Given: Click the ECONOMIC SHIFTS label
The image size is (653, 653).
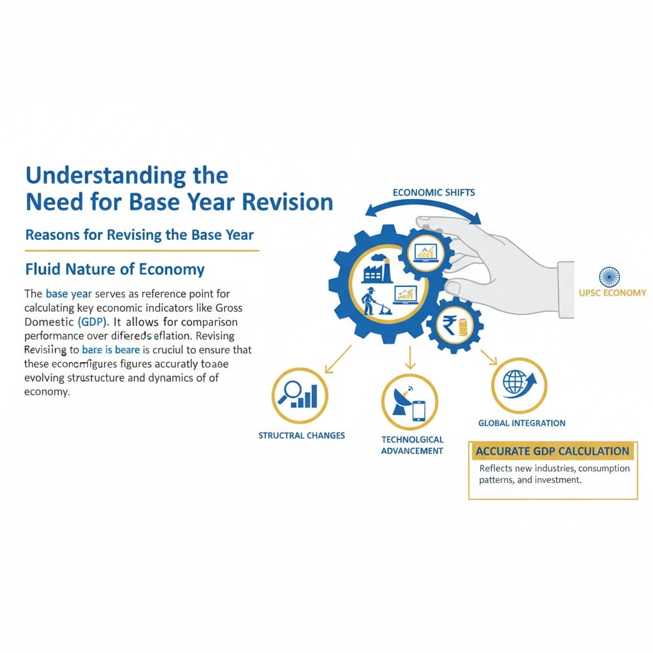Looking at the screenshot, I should [434, 192].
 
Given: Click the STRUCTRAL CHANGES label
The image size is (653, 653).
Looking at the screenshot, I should [302, 436].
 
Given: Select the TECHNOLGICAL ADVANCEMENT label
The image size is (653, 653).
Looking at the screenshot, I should [412, 445].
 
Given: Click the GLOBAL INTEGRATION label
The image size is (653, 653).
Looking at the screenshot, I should [522, 423].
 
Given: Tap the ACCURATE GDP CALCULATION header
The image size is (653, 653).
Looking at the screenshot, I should [552, 451].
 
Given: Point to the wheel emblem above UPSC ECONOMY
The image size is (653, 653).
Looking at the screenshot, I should [609, 277].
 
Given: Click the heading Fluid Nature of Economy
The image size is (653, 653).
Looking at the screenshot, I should [115, 269].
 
